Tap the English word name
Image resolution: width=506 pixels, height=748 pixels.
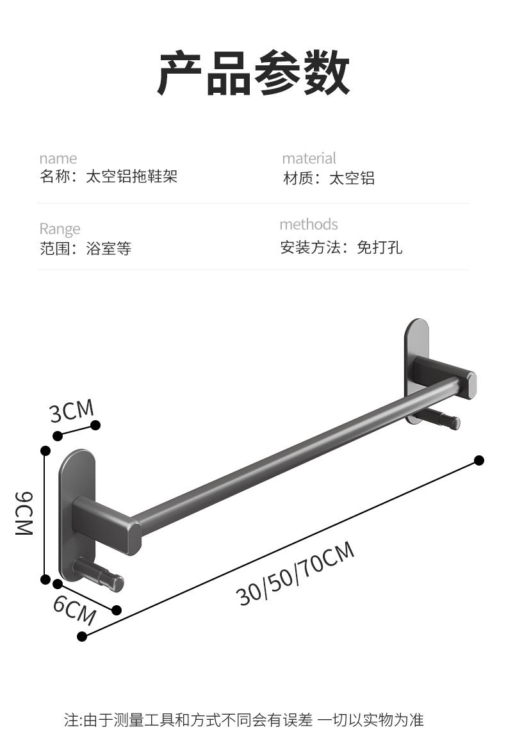tap(58, 158)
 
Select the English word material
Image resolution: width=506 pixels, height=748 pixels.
tap(309, 158)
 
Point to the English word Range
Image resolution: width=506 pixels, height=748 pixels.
tap(60, 229)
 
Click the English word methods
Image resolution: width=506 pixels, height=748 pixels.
tap(309, 224)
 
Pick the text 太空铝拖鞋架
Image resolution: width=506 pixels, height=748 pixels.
tap(131, 177)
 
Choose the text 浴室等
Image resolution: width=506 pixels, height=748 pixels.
tap(109, 248)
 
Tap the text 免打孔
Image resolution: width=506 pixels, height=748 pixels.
tap(379, 247)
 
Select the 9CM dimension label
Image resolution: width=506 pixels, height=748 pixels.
tap(24, 514)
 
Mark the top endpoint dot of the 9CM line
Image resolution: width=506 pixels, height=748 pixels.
tap(45, 451)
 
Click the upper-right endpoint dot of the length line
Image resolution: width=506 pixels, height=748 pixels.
tap(479, 460)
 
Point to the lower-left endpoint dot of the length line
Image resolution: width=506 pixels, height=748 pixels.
tap(82, 636)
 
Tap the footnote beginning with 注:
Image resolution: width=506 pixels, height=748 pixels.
tap(243, 719)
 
